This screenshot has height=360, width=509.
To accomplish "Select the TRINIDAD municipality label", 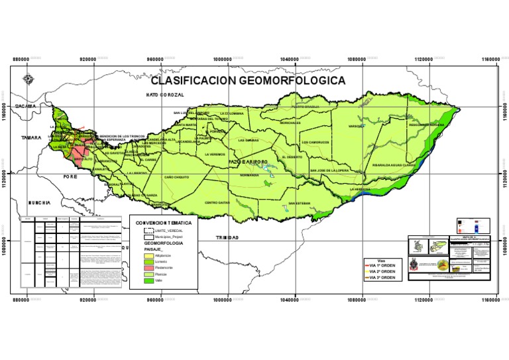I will pyautogui.click(x=228, y=237).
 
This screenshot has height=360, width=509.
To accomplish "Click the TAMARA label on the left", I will pyautogui.click(x=30, y=138).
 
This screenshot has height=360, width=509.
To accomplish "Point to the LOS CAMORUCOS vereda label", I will pyautogui.click(x=319, y=142).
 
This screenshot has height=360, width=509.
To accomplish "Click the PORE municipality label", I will pyautogui.click(x=70, y=177).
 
